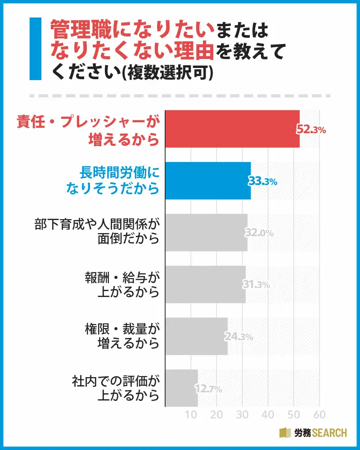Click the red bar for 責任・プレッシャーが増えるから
tap(232, 129)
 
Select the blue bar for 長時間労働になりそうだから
tap(208, 180)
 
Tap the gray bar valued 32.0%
tap(206, 232)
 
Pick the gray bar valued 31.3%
tap(205, 284)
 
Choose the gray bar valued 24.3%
tap(196, 336)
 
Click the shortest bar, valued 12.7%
tap(181, 387)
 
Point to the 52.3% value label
tap(310, 130)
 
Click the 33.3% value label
tap(263, 181)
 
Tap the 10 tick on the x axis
tap(192, 414)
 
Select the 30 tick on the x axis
tap(243, 414)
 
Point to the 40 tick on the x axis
tap(268, 414)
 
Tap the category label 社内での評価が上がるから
tap(116, 387)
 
